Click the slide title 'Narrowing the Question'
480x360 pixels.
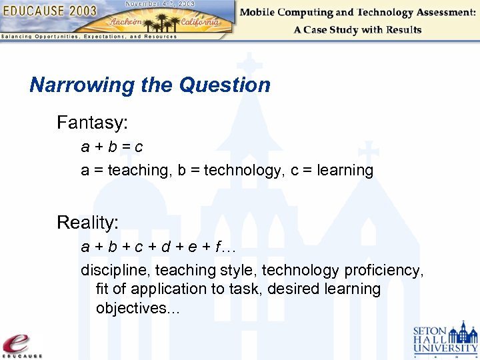point(150,85)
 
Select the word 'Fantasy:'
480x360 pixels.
point(92,123)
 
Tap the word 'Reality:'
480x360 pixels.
point(87,223)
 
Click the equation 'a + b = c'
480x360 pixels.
point(112,146)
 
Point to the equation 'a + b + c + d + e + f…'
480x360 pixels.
point(159,247)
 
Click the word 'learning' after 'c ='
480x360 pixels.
point(345,171)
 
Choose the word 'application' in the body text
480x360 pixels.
point(168,289)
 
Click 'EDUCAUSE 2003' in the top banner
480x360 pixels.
point(50,11)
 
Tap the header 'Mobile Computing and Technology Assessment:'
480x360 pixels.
point(357,13)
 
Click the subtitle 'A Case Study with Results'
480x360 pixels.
point(357,29)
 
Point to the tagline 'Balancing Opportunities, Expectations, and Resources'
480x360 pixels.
point(89,37)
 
